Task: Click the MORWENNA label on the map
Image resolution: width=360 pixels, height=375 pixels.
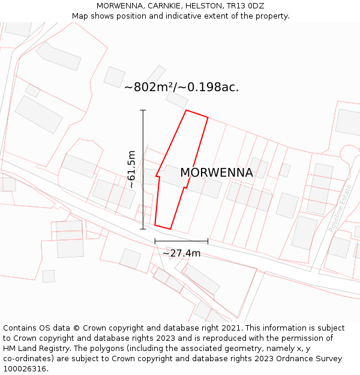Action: point(217,173)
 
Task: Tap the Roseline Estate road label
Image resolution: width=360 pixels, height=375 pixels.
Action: point(340,208)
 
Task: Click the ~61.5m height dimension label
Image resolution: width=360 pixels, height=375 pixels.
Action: point(132,170)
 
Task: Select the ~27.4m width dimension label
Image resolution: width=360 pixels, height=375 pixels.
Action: point(181,253)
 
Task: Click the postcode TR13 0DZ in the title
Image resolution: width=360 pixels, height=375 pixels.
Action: point(244,6)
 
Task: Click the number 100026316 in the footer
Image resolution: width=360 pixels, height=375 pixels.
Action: point(24,369)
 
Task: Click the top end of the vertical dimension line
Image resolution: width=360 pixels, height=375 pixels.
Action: point(143,110)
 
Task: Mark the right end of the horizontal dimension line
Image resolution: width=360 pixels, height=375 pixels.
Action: point(208,241)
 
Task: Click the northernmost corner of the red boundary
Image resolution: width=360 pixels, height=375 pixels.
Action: point(187,110)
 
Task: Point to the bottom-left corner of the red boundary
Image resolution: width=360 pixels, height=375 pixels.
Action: point(155,225)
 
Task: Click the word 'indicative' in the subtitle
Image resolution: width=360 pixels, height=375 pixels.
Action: point(179,16)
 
